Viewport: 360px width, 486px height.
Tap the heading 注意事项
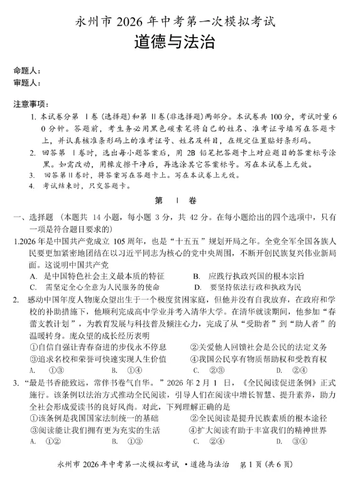(30, 104)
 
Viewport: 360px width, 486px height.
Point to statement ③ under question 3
(94, 429)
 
